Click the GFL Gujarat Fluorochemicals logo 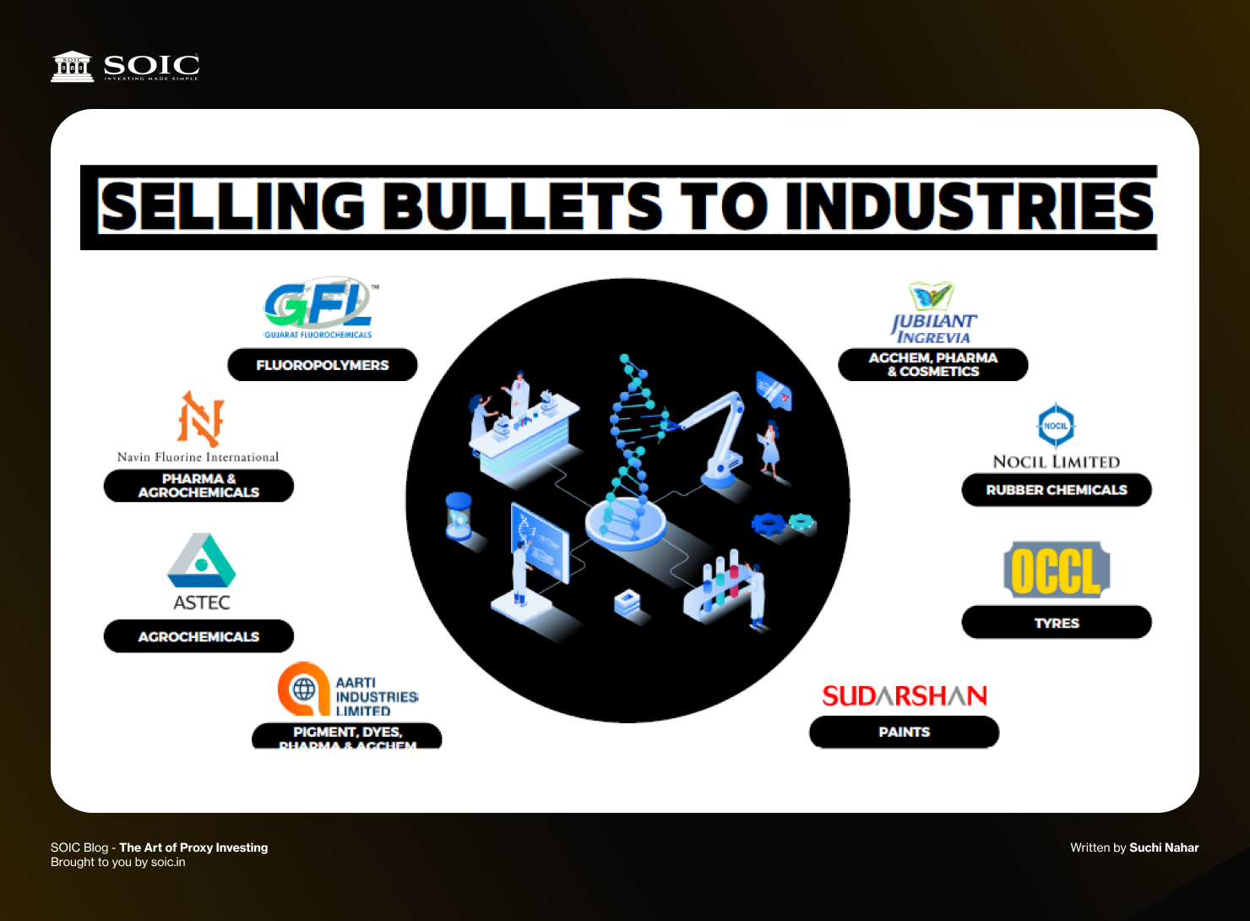318,306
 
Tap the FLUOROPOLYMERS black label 323,365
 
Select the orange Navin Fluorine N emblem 200,418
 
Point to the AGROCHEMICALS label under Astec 198,636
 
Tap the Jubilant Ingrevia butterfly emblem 932,297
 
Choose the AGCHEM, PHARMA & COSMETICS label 932,365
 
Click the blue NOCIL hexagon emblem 1056,425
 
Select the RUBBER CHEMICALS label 1057,490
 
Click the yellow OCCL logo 1057,570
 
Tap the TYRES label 1057,623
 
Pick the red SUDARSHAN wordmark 905,695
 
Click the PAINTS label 904,732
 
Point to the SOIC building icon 73,66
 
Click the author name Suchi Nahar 1164,847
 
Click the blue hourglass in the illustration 459,515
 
